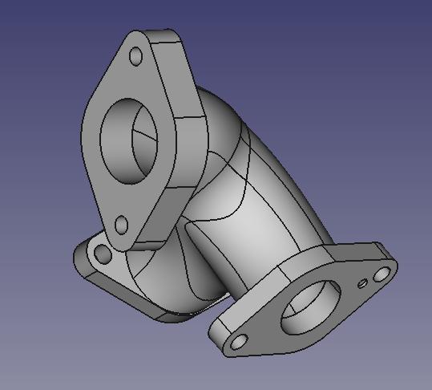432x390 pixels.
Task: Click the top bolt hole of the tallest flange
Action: [135, 55]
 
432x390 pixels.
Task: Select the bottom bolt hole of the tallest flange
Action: [121, 225]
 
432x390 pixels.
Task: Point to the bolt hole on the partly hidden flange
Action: [103, 255]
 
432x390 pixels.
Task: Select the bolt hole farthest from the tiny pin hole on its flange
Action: [238, 342]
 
